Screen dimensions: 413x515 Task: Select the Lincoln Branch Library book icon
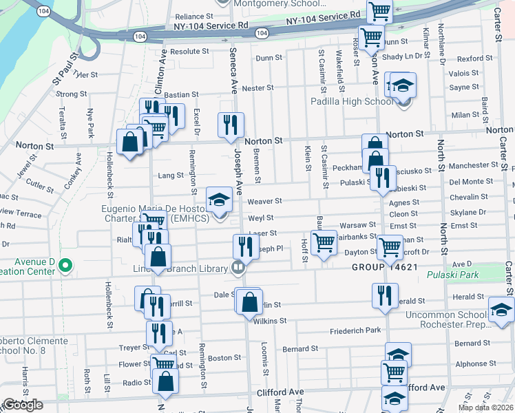pos(238,267)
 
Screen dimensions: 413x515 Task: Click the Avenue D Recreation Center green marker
pos(65,264)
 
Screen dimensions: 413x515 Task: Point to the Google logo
pos(22,405)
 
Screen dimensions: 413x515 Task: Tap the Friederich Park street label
pos(355,330)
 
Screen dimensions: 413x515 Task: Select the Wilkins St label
pos(269,321)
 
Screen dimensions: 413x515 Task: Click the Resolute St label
pos(189,52)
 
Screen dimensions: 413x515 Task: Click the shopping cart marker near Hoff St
pos(323,242)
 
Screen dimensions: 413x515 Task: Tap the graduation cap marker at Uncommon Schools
pos(501,308)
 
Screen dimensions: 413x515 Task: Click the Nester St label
pos(258,88)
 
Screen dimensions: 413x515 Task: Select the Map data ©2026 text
pos(485,407)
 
